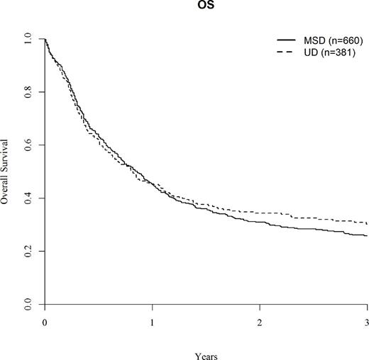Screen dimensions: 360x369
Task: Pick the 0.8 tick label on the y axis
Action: [x=27, y=92]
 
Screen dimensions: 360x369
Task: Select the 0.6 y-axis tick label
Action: [x=27, y=145]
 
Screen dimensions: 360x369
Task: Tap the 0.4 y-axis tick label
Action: [x=27, y=198]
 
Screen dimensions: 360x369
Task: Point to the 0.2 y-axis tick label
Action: [x=27, y=252]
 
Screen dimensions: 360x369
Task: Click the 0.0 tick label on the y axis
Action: [x=27, y=305]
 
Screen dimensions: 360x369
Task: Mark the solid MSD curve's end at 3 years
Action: [x=366, y=235]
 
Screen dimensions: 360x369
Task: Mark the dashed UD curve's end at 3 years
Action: [x=366, y=223]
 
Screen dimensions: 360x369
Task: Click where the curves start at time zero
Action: [x=45, y=39]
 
